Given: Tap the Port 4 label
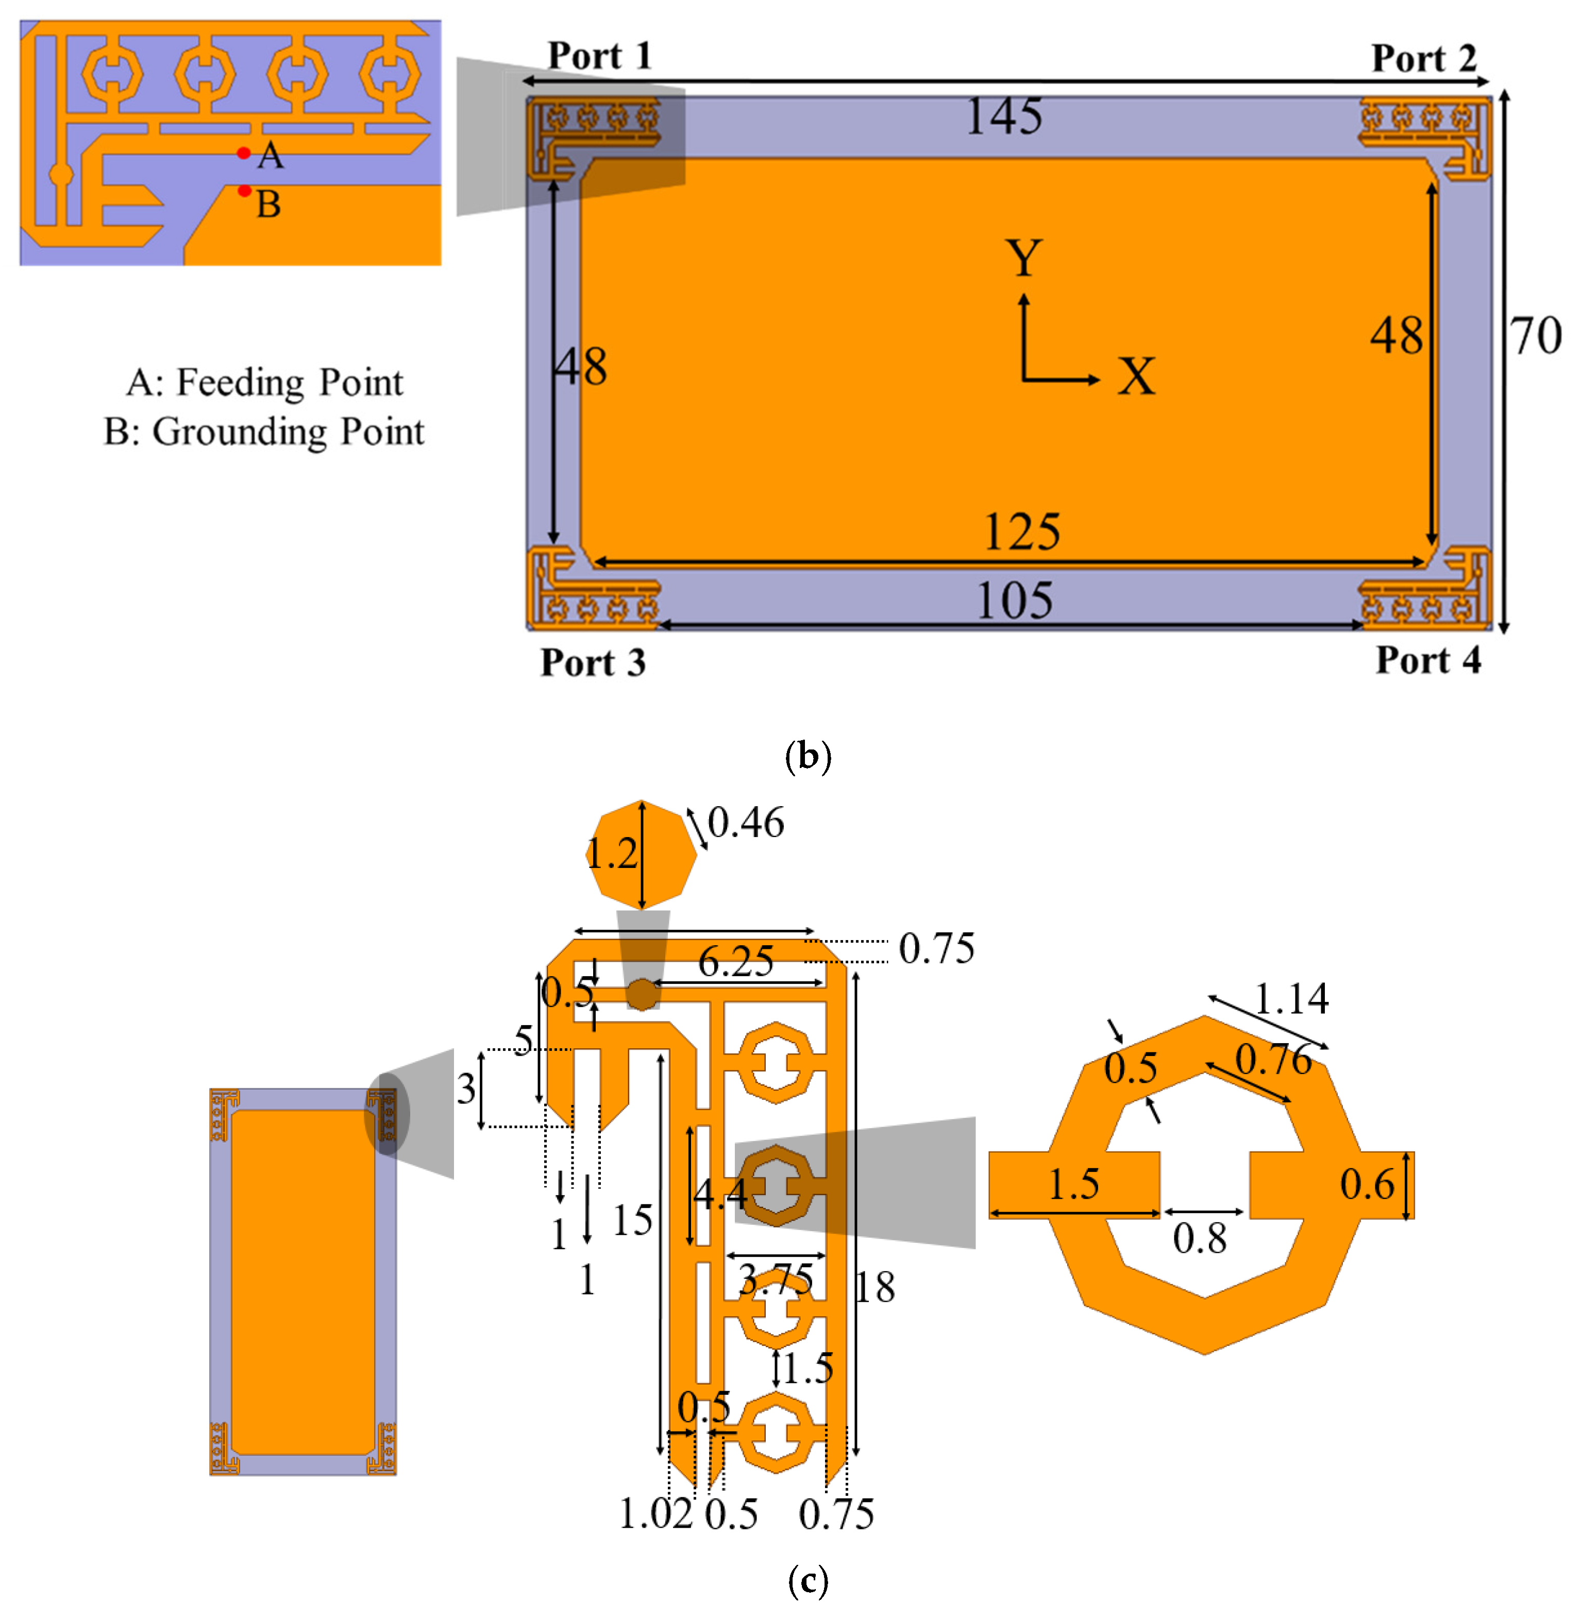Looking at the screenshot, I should pyautogui.click(x=1427, y=660).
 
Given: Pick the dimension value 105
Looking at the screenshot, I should pyautogui.click(x=1014, y=601).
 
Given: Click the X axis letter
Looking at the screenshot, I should pyautogui.click(x=1136, y=377).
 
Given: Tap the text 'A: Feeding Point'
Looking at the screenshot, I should pyautogui.click(x=265, y=382).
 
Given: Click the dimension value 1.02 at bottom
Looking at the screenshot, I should pyautogui.click(x=655, y=1514).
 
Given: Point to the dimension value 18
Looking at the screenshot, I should pyautogui.click(x=876, y=1288).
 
